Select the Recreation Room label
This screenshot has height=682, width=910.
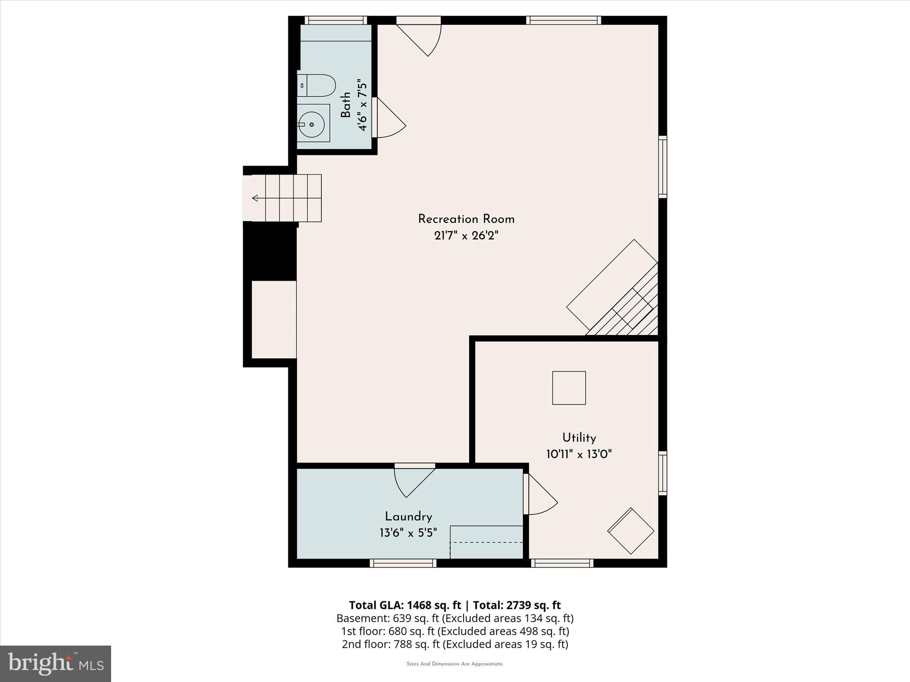(x=466, y=219)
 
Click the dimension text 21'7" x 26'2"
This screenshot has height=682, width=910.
(x=466, y=236)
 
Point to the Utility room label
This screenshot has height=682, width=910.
(x=579, y=438)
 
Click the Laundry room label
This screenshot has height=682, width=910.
(x=408, y=517)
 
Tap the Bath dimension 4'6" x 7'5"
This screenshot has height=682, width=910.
(x=363, y=107)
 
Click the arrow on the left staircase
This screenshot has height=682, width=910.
(x=255, y=198)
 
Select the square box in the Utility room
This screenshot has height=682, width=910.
(x=569, y=388)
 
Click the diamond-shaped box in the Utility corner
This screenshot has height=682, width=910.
(x=631, y=531)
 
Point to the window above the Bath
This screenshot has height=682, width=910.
(x=335, y=20)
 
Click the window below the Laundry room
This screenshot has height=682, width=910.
(x=403, y=563)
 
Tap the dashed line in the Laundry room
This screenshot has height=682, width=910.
(x=486, y=542)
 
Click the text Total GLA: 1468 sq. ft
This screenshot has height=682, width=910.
(x=404, y=605)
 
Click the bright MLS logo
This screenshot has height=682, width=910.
(x=56, y=663)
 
